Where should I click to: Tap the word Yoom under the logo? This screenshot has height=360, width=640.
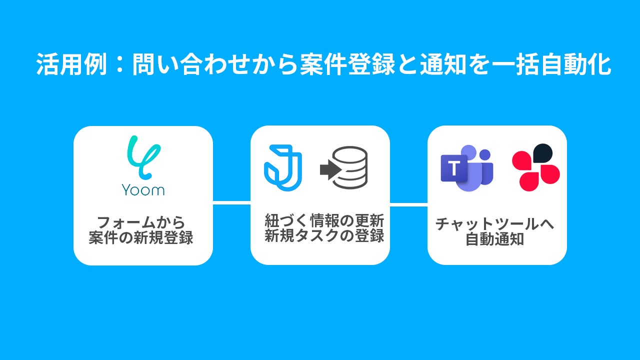143,190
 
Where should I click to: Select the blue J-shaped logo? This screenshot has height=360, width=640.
282,168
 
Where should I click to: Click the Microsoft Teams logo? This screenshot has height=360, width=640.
466,168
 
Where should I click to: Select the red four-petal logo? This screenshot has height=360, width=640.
535,168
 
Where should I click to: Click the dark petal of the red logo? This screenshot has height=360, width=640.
543,153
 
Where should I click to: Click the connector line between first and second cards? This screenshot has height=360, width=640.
231,202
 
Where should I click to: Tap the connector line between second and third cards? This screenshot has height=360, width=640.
408,204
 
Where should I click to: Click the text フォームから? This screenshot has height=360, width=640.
141,222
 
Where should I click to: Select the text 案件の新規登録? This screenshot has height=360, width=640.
141,237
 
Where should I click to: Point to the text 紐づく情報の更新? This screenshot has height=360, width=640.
324,220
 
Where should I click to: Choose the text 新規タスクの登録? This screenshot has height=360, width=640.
324,235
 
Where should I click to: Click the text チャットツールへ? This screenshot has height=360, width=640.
494,224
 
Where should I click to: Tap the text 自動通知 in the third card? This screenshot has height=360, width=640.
494,239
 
